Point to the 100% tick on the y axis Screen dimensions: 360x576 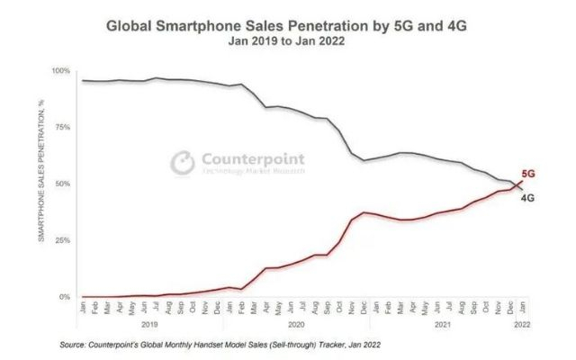coord(58,71)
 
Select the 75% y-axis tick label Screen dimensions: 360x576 coord(60,128)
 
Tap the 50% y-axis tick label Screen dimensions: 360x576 coord(60,184)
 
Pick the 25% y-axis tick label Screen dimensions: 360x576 coord(60,240)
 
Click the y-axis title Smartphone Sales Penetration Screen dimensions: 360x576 coord(40,184)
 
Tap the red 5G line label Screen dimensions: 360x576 coord(529,173)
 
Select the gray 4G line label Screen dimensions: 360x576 coord(529,197)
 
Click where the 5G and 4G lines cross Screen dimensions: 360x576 coord(516,185)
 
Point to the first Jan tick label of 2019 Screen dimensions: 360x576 coord(83,306)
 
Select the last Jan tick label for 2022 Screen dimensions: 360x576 coord(522,306)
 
